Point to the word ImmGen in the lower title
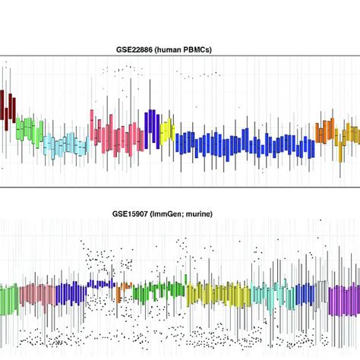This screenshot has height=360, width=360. point(169,215)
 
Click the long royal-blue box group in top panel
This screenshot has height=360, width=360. point(243,144)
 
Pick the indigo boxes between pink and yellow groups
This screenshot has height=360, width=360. point(150,124)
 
